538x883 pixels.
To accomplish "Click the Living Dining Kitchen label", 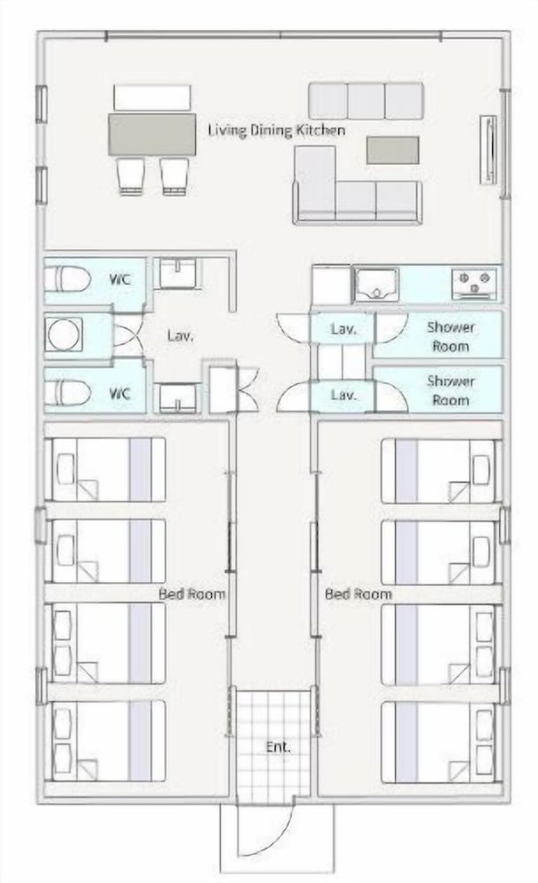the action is [x=276, y=131].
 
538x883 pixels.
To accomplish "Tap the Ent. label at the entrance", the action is [x=278, y=747].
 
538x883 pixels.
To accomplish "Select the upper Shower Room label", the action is [x=451, y=336].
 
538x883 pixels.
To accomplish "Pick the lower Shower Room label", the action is [x=451, y=390].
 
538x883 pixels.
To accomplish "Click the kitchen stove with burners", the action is [x=474, y=283].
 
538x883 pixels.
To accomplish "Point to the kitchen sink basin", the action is [x=376, y=284].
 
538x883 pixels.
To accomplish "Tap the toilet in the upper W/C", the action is [x=68, y=279].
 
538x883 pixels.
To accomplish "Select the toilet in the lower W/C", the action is [x=68, y=393].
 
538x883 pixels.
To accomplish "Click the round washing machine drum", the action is [x=64, y=335].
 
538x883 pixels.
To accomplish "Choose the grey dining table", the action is [x=152, y=134].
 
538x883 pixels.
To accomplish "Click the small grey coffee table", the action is [x=392, y=150].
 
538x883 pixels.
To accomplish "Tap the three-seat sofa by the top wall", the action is [x=367, y=101].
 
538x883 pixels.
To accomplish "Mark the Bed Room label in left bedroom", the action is [x=192, y=593].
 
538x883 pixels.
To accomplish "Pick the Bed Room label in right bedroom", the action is [x=359, y=593].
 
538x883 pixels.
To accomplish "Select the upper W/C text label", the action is [x=120, y=279].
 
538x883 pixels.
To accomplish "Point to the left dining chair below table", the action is [x=131, y=177].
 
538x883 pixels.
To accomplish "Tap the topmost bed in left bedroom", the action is [x=109, y=469].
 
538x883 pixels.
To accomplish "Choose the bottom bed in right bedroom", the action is [x=439, y=742].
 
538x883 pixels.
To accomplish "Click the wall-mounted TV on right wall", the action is [x=489, y=150].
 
